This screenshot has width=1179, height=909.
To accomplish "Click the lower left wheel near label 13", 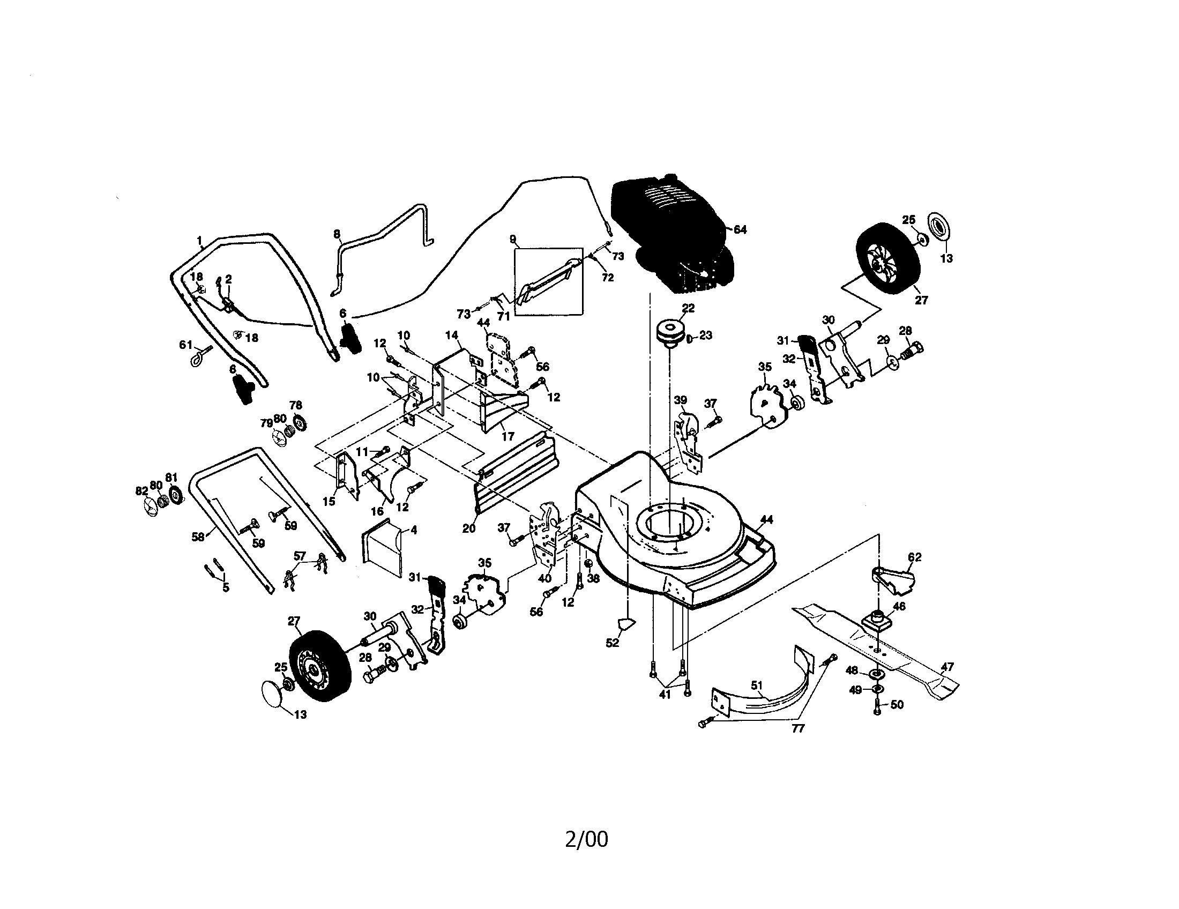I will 319,665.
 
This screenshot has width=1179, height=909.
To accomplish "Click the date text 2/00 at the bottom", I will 586,839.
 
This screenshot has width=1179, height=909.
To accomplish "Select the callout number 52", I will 612,643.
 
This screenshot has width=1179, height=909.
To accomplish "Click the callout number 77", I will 798,729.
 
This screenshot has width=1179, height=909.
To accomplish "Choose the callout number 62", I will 914,557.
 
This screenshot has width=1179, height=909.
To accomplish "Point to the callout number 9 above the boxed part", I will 512,239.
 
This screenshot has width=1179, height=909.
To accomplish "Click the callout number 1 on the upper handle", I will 199,240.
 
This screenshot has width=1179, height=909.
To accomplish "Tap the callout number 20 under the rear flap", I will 468,528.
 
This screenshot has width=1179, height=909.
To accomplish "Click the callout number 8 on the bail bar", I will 337,234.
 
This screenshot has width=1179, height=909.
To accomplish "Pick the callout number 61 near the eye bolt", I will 186,345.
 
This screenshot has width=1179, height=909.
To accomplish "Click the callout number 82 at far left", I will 141,490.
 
